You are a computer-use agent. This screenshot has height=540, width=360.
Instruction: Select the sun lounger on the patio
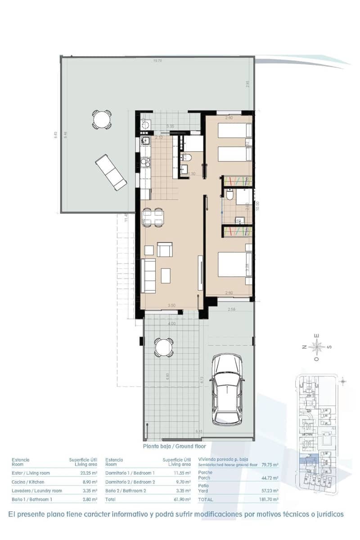point(111,172)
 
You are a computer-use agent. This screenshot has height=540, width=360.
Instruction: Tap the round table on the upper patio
point(102,120)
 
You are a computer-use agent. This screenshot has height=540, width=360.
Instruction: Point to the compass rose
point(318,347)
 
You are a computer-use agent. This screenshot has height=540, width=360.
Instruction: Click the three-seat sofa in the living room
point(148,275)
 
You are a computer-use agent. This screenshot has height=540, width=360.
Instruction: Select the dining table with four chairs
point(153,218)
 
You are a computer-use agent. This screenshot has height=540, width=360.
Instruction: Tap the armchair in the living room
point(164,249)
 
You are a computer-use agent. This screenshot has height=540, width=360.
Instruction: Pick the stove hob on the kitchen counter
point(144,161)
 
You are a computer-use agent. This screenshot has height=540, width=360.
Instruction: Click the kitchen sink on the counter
point(144,142)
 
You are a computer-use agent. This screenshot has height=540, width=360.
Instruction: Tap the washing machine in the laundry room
point(145,125)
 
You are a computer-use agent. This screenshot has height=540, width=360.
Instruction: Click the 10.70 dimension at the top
point(157,60)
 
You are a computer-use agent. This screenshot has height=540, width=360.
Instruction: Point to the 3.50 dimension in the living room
point(171,306)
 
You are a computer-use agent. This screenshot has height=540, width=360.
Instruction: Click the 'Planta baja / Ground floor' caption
point(174,446)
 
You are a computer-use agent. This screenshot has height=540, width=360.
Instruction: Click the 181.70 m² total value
point(269,499)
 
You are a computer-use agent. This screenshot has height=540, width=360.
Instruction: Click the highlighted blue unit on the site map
point(309,459)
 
